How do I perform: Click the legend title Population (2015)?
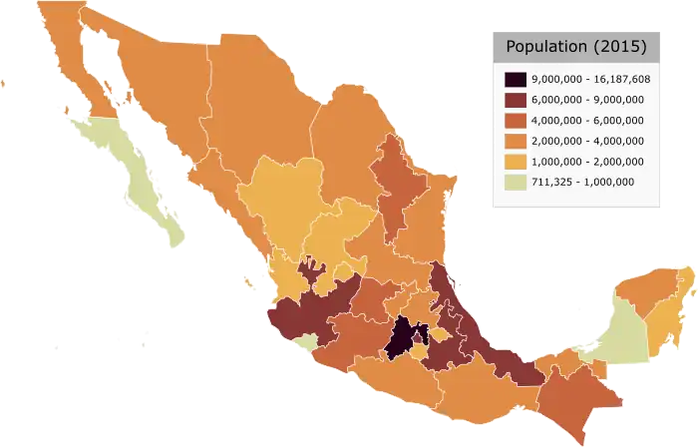(575, 47)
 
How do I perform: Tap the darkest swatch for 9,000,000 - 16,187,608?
(516, 79)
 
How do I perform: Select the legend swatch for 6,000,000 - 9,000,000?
(516, 100)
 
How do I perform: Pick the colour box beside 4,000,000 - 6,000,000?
(516, 120)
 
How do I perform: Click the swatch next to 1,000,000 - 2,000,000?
(516, 161)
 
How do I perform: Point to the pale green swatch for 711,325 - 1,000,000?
(516, 181)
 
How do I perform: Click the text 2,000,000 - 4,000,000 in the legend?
(587, 141)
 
